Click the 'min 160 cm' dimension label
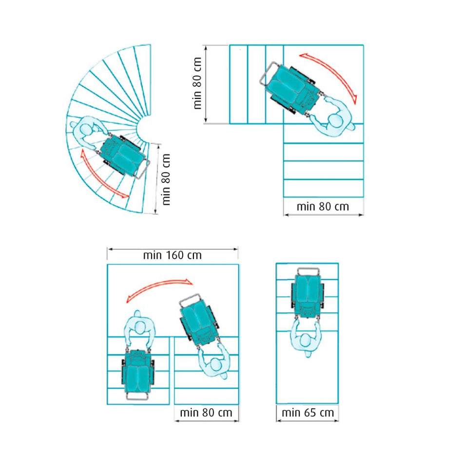(173, 255)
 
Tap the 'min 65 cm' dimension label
(308, 412)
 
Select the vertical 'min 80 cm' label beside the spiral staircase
(166, 179)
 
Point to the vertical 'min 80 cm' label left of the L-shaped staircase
(197, 83)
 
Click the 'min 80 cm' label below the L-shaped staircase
(323, 207)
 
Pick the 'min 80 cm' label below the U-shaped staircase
(206, 412)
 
